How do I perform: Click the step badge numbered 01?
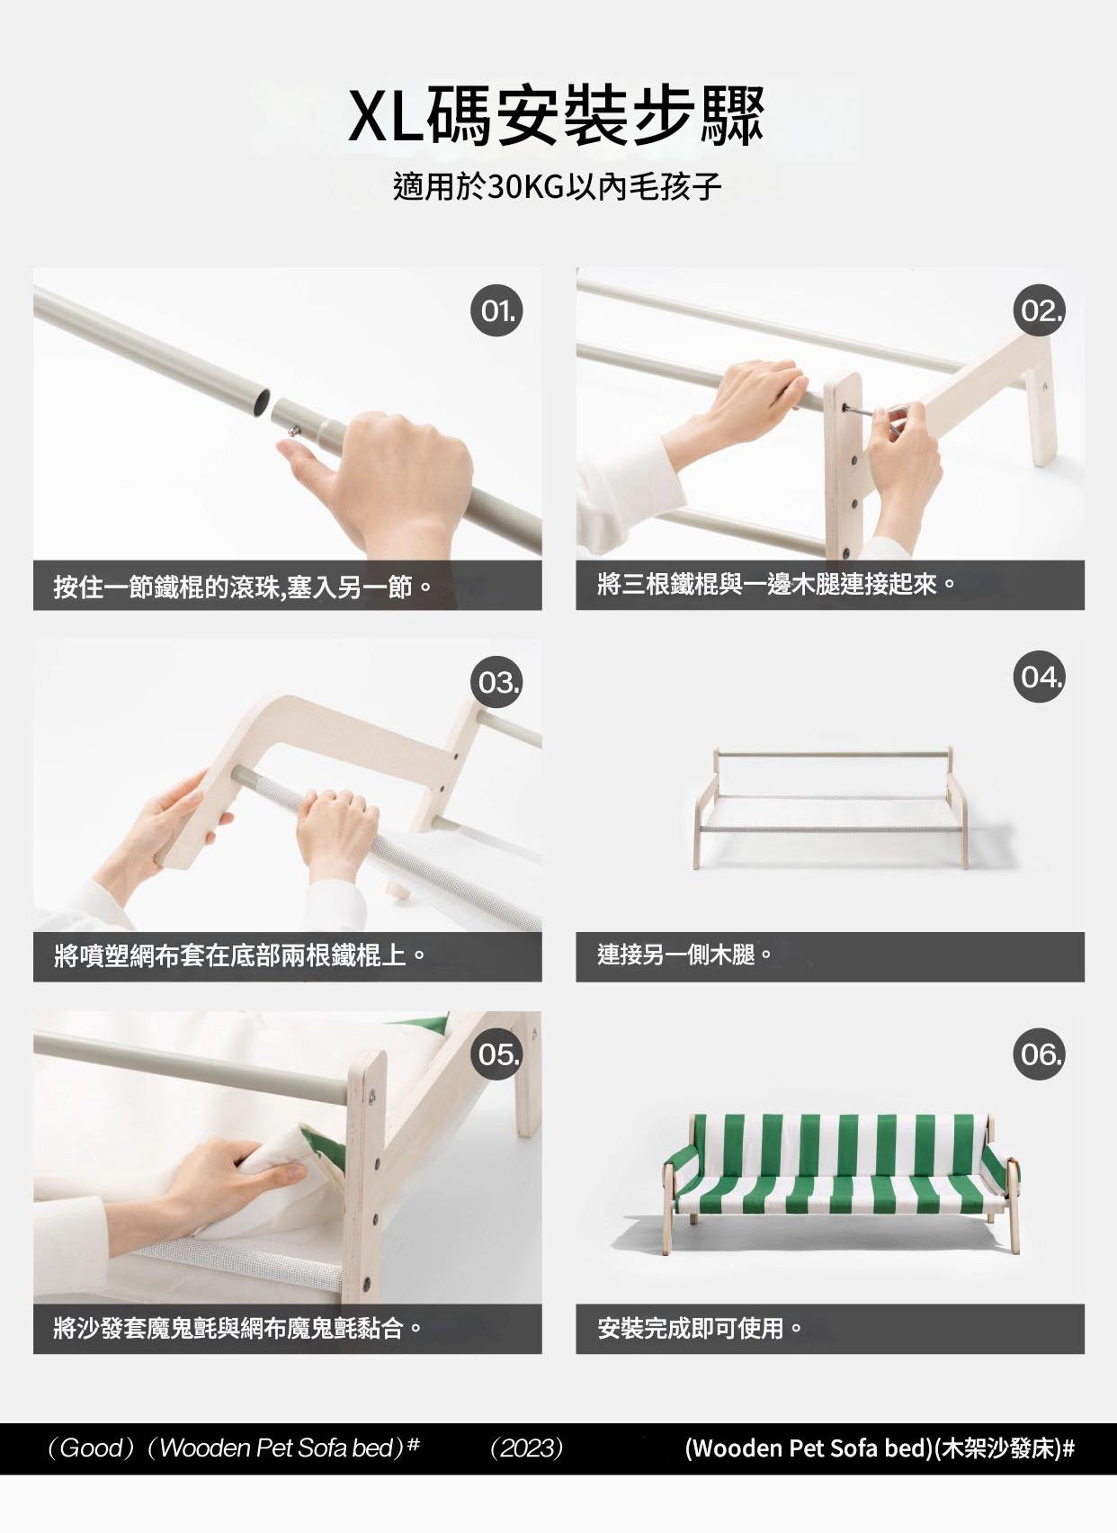[497, 310]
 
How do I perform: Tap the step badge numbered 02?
[1039, 310]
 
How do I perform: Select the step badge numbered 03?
[497, 682]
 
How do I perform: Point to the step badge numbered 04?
[1039, 677]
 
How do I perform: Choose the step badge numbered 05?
[497, 1054]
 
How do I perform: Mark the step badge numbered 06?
[1039, 1054]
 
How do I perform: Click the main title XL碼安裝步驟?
[556, 117]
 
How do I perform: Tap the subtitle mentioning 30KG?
[558, 186]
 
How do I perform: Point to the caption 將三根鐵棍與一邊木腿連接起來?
[775, 585]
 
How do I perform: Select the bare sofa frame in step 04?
[831, 808]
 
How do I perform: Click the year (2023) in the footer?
[527, 1448]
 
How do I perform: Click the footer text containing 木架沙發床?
[880, 1448]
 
